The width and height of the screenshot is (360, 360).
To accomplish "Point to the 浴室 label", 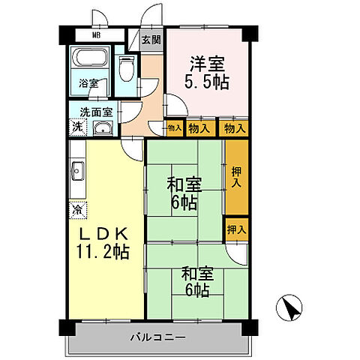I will pos(89,83).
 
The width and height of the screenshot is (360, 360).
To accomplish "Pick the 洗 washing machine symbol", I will pos(77,127).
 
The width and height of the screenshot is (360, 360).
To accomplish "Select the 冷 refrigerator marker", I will pos(77,211).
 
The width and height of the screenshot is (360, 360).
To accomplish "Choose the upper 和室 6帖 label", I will pos(184,190).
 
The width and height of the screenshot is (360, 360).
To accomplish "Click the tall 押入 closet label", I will pos(235,177).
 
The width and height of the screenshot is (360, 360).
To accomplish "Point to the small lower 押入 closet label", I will pos(235,229).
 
